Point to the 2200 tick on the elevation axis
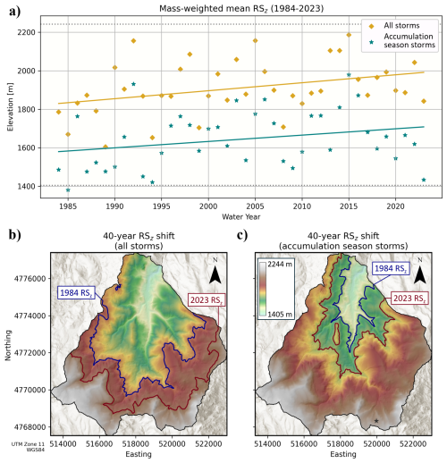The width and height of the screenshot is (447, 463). pos(26,32)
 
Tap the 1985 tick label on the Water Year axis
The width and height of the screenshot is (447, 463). pos(68,206)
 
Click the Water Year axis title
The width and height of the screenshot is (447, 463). pos(240,216)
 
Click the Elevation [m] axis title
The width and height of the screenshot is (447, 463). pos(10,106)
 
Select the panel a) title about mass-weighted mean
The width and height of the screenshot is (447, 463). pos(241,8)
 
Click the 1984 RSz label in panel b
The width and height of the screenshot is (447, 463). pos(76,292)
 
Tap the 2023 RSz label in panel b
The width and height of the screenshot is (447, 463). pos(207,299)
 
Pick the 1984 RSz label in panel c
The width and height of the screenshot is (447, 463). pos(391,268)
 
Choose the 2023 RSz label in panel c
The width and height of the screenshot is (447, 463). pos(409,299)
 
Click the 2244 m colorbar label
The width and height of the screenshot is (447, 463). pos(280,264)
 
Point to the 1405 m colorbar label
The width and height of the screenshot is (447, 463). pos(280,314)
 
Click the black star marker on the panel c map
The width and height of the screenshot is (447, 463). pos(376,421)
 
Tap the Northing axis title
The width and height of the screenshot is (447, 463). pos(8,345)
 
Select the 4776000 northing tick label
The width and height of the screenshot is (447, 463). pos(31,279)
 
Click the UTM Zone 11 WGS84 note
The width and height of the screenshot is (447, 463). pos(28,447)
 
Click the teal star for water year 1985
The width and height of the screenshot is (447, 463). pos(68,190)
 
